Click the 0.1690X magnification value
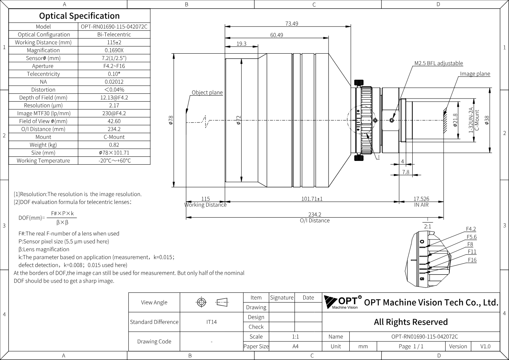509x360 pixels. point(114,50)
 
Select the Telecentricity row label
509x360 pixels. point(43,74)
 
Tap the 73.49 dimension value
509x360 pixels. point(292,24)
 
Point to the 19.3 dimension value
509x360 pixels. point(241,44)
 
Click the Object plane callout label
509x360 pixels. point(207,93)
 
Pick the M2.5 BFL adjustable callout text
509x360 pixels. point(438,63)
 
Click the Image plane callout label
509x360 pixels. point(475,74)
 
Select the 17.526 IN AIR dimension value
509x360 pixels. point(421,199)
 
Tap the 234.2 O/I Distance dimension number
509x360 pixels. point(315,214)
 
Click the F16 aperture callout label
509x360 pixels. point(472,260)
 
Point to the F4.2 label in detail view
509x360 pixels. point(471,229)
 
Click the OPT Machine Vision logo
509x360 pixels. point(342,302)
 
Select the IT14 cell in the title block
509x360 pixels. point(211,322)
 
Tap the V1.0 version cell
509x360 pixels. point(485,346)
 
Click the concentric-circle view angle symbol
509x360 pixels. point(201,302)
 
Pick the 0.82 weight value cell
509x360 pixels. point(114,145)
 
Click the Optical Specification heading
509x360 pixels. point(79,16)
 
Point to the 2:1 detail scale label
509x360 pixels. point(427,226)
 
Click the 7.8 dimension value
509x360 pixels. point(406,172)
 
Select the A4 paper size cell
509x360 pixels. point(295,346)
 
